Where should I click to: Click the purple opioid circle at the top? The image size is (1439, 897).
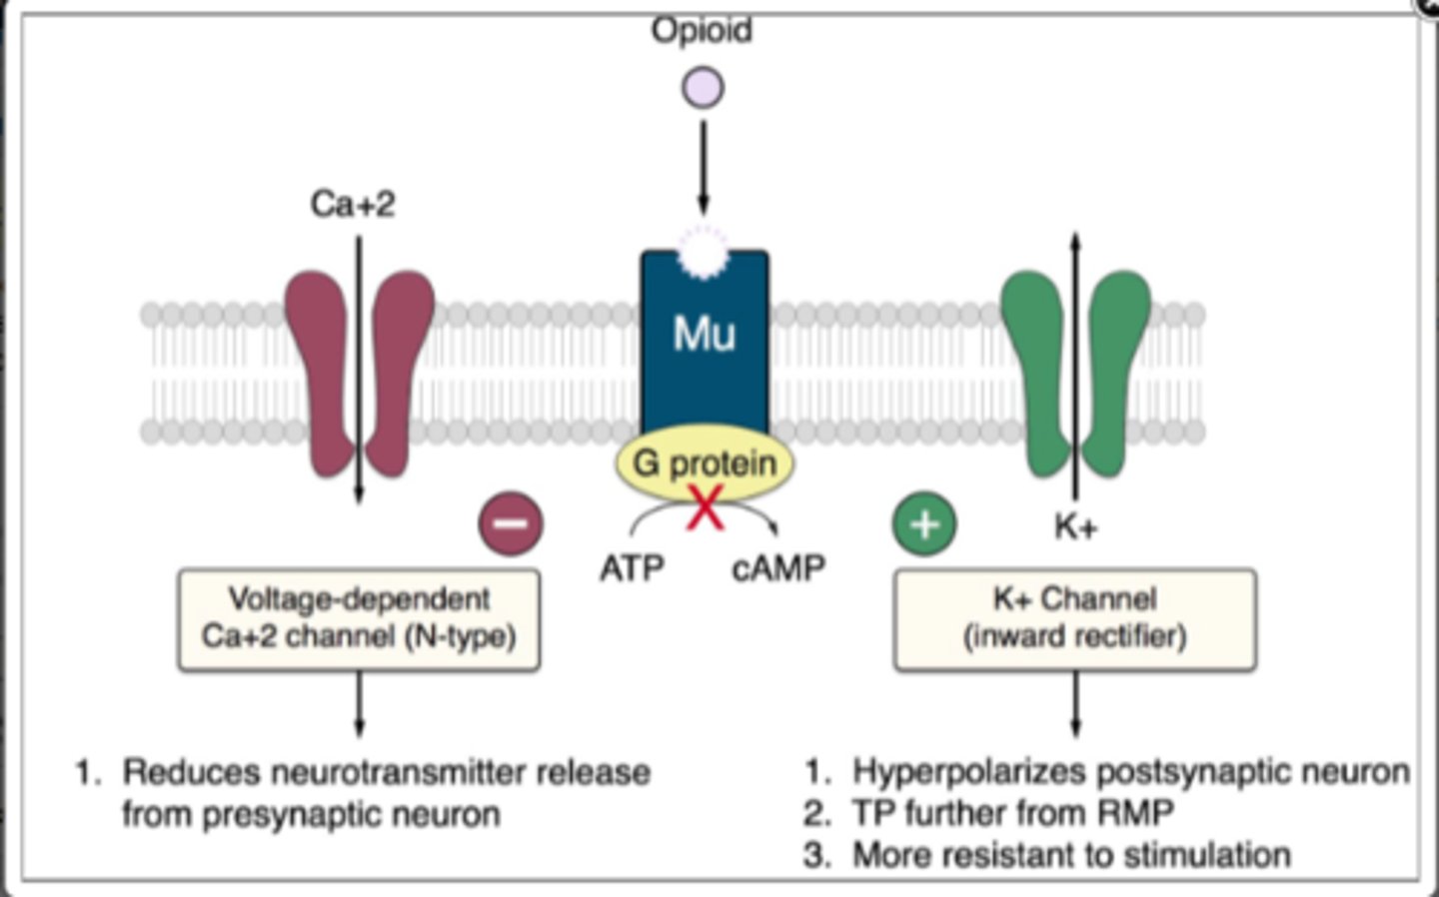pyautogui.click(x=703, y=87)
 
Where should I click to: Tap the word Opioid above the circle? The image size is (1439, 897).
pyautogui.click(x=702, y=30)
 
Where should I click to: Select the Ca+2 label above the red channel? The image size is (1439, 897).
pyautogui.click(x=352, y=204)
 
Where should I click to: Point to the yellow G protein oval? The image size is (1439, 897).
pyautogui.click(x=705, y=463)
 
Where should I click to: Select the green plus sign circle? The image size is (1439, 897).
pyautogui.click(x=924, y=523)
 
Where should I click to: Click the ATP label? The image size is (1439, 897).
pyautogui.click(x=632, y=568)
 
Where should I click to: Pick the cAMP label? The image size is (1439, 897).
pyautogui.click(x=778, y=568)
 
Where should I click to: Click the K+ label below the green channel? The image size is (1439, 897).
pyautogui.click(x=1075, y=526)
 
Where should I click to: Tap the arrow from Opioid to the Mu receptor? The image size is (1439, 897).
pyautogui.click(x=703, y=165)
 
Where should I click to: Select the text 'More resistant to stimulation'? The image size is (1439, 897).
pyautogui.click(x=1070, y=855)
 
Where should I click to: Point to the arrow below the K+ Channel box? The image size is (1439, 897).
pyautogui.click(x=1075, y=703)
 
